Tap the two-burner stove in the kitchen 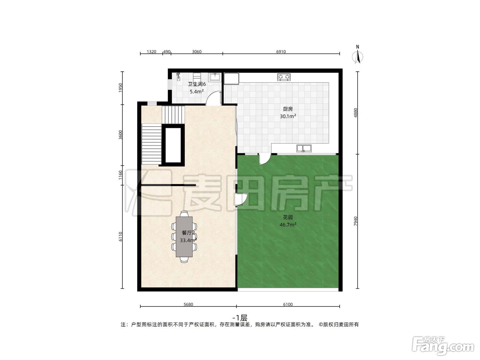tap(284, 77)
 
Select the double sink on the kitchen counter tap(304, 148)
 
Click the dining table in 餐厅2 tap(184, 237)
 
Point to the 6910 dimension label tap(281, 52)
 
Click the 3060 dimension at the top tap(196, 52)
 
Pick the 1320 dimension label tap(151, 52)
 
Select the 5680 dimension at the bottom tap(188, 304)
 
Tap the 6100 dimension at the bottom tap(288, 304)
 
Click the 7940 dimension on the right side tap(356, 221)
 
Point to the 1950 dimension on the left tap(120, 88)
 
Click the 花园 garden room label tap(288, 217)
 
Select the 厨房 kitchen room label tap(288, 109)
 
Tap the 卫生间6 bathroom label tap(197, 84)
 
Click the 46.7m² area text tap(288, 225)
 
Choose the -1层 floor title tap(240, 317)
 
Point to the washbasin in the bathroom tap(215, 77)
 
